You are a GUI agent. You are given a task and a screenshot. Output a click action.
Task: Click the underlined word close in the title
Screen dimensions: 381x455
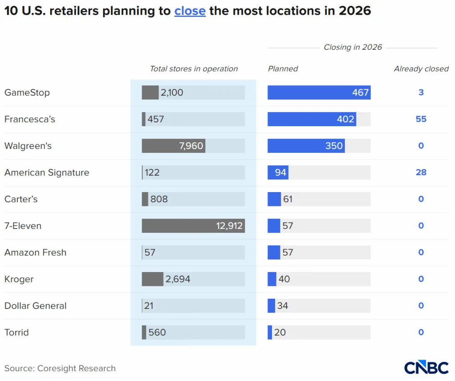pyautogui.click(x=190, y=11)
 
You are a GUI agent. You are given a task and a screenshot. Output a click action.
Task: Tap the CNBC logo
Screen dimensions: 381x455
pyautogui.click(x=426, y=368)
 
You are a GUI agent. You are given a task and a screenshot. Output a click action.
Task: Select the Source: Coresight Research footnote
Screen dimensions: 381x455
pyautogui.click(x=60, y=368)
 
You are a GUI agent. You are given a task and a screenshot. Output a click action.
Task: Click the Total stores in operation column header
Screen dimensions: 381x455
pyautogui.click(x=194, y=69)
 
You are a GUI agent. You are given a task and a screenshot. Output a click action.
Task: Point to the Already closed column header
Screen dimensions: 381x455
pyautogui.click(x=421, y=69)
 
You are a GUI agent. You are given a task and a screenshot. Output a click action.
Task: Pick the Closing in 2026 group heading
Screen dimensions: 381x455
pyautogui.click(x=352, y=48)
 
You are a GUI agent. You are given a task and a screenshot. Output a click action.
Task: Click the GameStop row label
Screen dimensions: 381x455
pyautogui.click(x=27, y=92)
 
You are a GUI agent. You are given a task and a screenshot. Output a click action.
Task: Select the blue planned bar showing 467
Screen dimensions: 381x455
pyautogui.click(x=319, y=92)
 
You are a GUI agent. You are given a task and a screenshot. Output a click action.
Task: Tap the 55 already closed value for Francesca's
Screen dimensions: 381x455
pyautogui.click(x=421, y=119)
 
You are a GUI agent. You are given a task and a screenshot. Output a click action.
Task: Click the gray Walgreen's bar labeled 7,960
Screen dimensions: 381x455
pyautogui.click(x=173, y=146)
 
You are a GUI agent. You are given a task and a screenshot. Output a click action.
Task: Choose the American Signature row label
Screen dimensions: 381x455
pyautogui.click(x=47, y=172)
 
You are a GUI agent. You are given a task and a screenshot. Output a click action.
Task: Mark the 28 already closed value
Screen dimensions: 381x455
pyautogui.click(x=421, y=172)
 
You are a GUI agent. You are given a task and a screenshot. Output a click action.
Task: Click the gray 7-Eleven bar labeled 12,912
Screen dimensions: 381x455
pyautogui.click(x=193, y=226)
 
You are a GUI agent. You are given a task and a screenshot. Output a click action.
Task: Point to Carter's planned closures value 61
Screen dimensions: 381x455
pyautogui.click(x=288, y=199)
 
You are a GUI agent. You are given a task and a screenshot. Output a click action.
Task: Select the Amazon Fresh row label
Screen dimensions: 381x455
pyautogui.click(x=35, y=253)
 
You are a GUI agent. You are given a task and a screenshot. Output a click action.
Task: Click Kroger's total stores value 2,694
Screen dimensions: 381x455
pyautogui.click(x=178, y=279)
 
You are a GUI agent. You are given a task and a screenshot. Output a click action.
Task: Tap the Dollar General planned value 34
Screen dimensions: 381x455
pyautogui.click(x=283, y=306)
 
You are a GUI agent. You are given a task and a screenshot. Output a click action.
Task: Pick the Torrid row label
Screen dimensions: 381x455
pyautogui.click(x=16, y=333)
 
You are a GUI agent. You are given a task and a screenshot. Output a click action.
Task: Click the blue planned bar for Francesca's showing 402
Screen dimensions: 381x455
pyautogui.click(x=311, y=119)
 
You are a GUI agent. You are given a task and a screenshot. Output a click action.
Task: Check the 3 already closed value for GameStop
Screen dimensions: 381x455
pyautogui.click(x=421, y=92)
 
